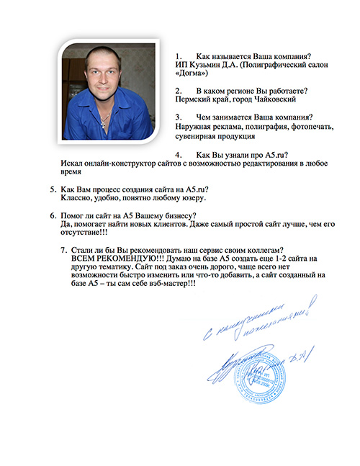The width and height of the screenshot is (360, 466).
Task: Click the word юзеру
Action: tap(192, 197)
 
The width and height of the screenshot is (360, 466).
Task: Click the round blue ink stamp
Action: tap(265, 377)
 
